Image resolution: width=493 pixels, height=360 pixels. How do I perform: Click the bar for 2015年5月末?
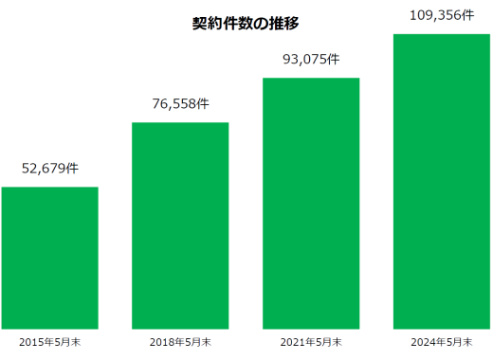point(49,258)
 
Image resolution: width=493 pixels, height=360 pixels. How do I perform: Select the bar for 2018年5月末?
point(180,225)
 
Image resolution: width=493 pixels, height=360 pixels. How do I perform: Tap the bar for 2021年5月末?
point(311,203)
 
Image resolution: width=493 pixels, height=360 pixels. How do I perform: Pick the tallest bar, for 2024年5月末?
point(441,182)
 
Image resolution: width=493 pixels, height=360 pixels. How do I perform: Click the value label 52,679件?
point(49,170)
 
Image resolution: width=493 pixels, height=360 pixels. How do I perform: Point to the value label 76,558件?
point(180,104)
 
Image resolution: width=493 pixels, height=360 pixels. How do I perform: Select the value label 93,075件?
point(311,60)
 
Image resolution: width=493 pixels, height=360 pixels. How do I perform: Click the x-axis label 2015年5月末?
point(49,341)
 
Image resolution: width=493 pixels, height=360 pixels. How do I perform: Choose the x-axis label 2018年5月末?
point(180,341)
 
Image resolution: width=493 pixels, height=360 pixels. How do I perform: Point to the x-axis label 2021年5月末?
point(311,341)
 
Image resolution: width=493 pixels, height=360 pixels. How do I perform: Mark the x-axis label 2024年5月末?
point(441,341)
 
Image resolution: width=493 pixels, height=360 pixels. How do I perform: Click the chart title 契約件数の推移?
point(246,24)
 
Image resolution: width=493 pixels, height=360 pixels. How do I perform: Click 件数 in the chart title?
point(238,24)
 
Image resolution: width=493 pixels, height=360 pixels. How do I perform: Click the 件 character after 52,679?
point(72,170)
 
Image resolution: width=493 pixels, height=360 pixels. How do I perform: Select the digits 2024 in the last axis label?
point(423,341)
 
